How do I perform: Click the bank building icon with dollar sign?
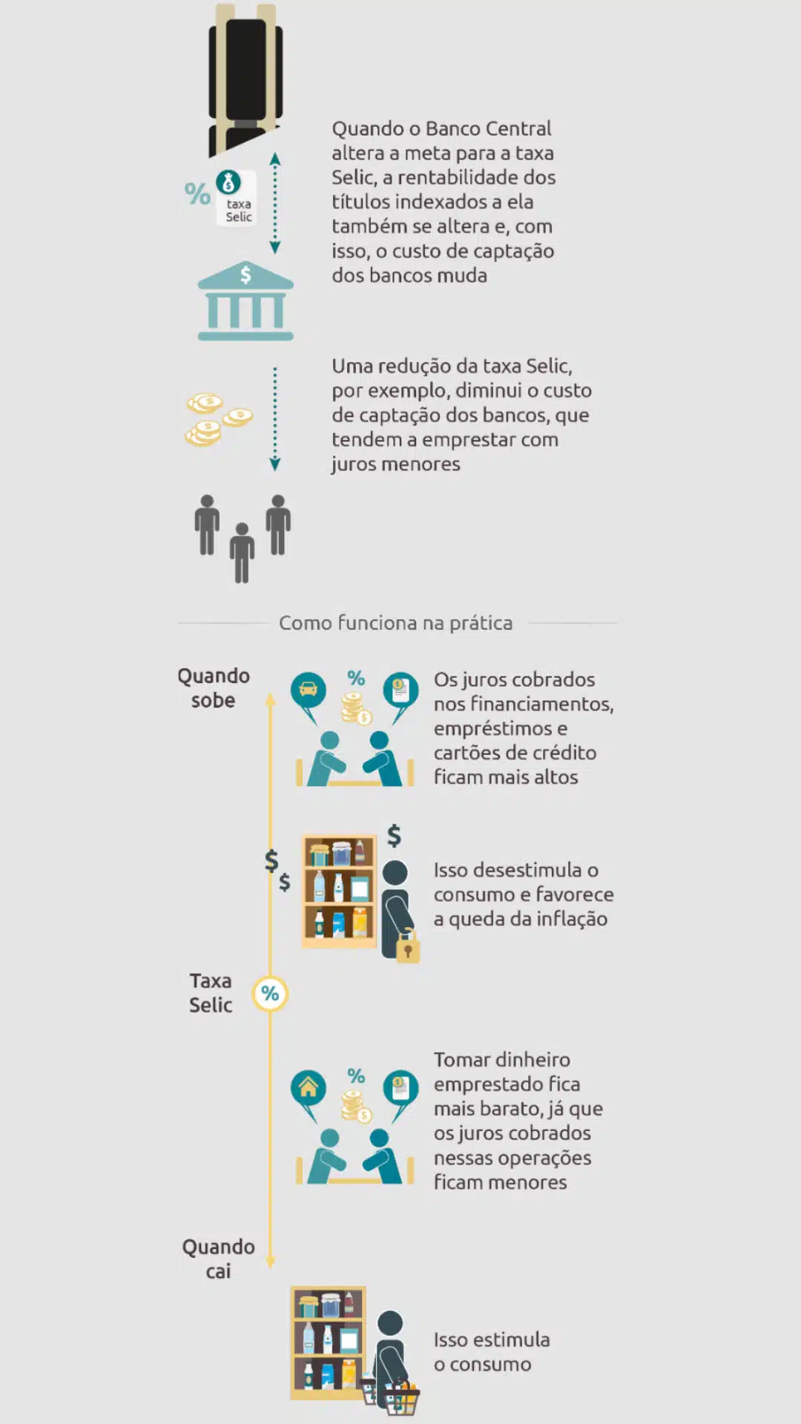point(245,301)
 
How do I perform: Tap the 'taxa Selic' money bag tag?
point(236,197)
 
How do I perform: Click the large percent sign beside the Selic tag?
point(197,194)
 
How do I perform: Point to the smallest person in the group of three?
point(242,553)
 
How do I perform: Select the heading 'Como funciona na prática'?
point(395,623)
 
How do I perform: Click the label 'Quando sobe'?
point(214,688)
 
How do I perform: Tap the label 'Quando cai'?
point(219,1259)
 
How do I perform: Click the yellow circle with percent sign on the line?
point(270,994)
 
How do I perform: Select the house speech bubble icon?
point(308,1090)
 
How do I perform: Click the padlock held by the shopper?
point(408,948)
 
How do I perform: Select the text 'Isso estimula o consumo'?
point(491,1352)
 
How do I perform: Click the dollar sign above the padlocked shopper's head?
point(395,835)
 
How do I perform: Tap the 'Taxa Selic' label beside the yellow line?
point(211,993)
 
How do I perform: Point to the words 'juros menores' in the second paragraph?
point(395,464)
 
